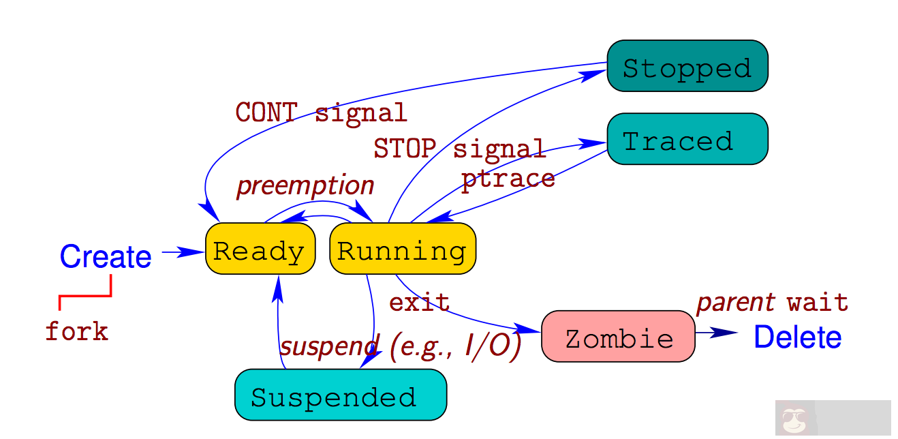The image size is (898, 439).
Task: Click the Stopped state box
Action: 687,66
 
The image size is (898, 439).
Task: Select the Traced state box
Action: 687,139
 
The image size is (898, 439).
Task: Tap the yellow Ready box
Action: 260,249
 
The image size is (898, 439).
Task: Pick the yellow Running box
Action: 403,249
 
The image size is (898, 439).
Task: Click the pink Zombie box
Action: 618,336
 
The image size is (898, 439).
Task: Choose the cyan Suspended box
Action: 340,395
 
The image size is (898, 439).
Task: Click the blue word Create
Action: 106,256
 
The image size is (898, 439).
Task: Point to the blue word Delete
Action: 797,337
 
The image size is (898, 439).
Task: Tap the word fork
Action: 76,332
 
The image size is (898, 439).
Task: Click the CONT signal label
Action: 321,112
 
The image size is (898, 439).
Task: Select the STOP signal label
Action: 459,149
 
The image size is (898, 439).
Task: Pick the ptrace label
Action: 508,179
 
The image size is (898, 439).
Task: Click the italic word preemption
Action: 305,185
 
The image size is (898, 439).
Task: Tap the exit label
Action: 419,301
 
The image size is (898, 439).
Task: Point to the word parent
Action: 735,302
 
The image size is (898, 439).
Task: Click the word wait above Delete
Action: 818,302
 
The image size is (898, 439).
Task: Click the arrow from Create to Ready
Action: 183,252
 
